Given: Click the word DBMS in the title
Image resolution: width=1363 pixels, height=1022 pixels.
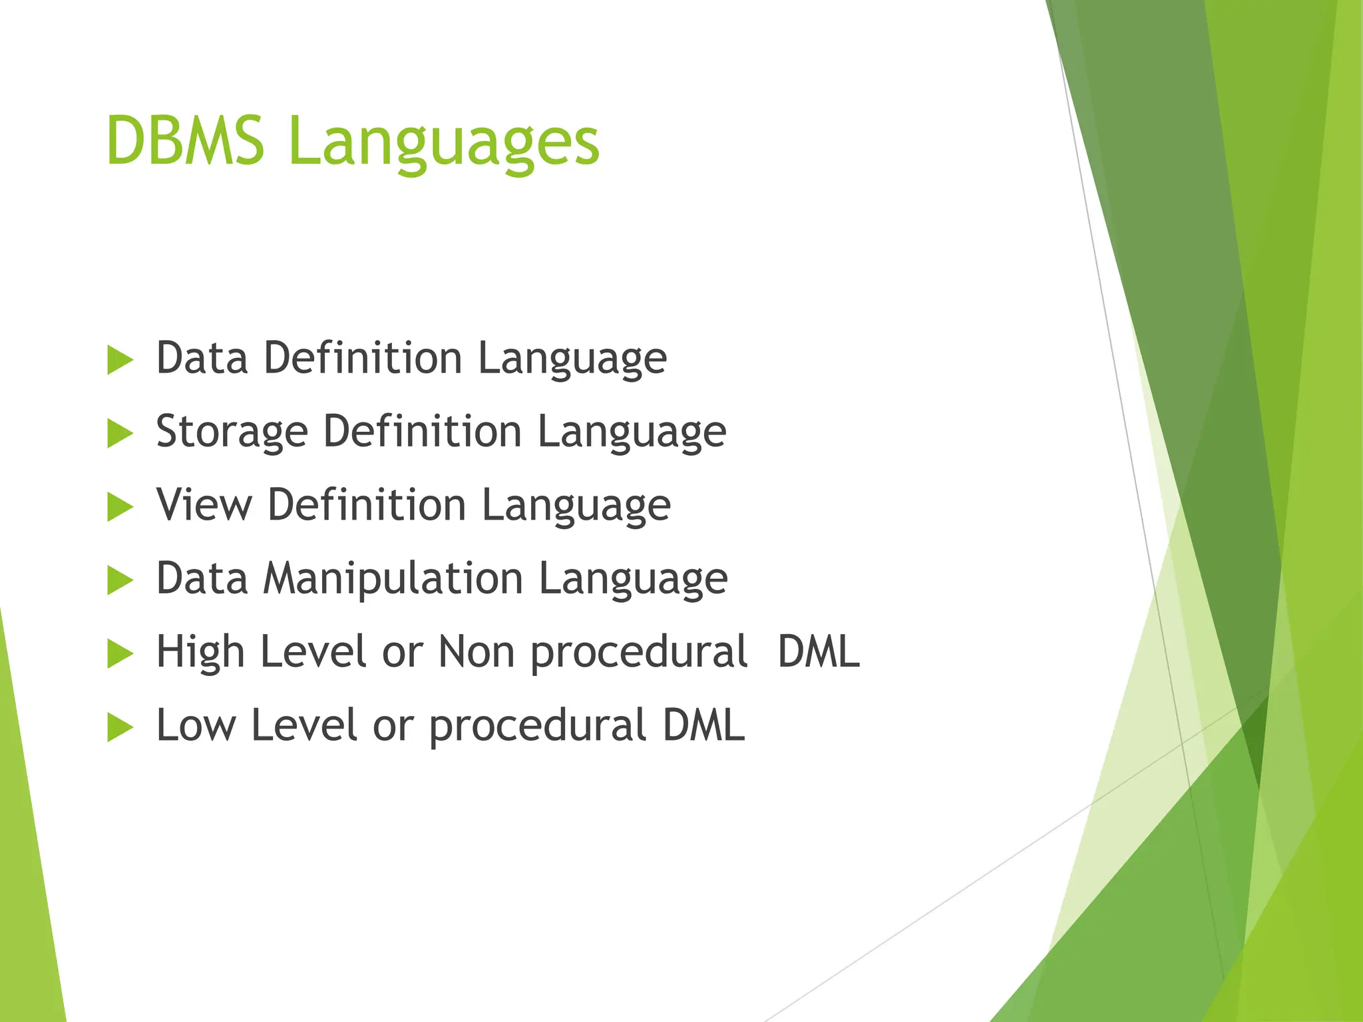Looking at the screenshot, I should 185,140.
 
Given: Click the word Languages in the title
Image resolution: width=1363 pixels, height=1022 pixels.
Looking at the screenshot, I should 444,143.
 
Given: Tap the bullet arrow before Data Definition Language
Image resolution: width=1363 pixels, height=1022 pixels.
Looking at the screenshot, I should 120,361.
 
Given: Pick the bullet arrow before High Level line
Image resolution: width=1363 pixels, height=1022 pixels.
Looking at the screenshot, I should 120,654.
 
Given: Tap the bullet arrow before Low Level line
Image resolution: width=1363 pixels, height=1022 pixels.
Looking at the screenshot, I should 120,727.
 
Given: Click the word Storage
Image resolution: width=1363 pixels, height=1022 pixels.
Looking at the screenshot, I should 232,432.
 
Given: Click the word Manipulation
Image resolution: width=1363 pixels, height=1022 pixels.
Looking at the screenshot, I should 393,579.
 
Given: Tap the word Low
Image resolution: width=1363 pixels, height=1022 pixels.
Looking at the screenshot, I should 196,725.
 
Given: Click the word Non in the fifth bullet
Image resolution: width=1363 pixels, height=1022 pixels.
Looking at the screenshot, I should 477,652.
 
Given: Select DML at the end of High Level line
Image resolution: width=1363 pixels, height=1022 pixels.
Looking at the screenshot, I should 819,652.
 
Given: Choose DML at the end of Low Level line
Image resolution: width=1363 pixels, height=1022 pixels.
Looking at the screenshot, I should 703,725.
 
